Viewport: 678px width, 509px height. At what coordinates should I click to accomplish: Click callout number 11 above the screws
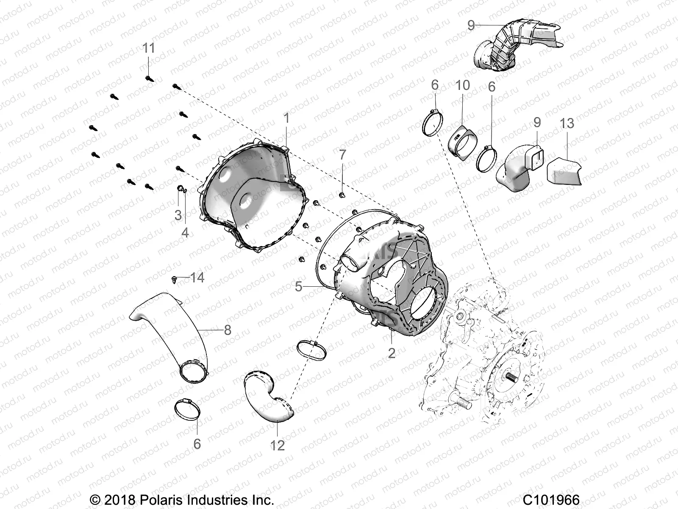148,48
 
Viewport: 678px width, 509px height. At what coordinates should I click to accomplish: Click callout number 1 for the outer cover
286,118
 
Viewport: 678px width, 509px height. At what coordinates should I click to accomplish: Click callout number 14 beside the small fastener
197,278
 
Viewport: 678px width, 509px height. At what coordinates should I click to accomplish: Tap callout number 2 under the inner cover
392,352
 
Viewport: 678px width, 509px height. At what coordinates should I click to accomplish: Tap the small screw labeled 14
175,279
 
